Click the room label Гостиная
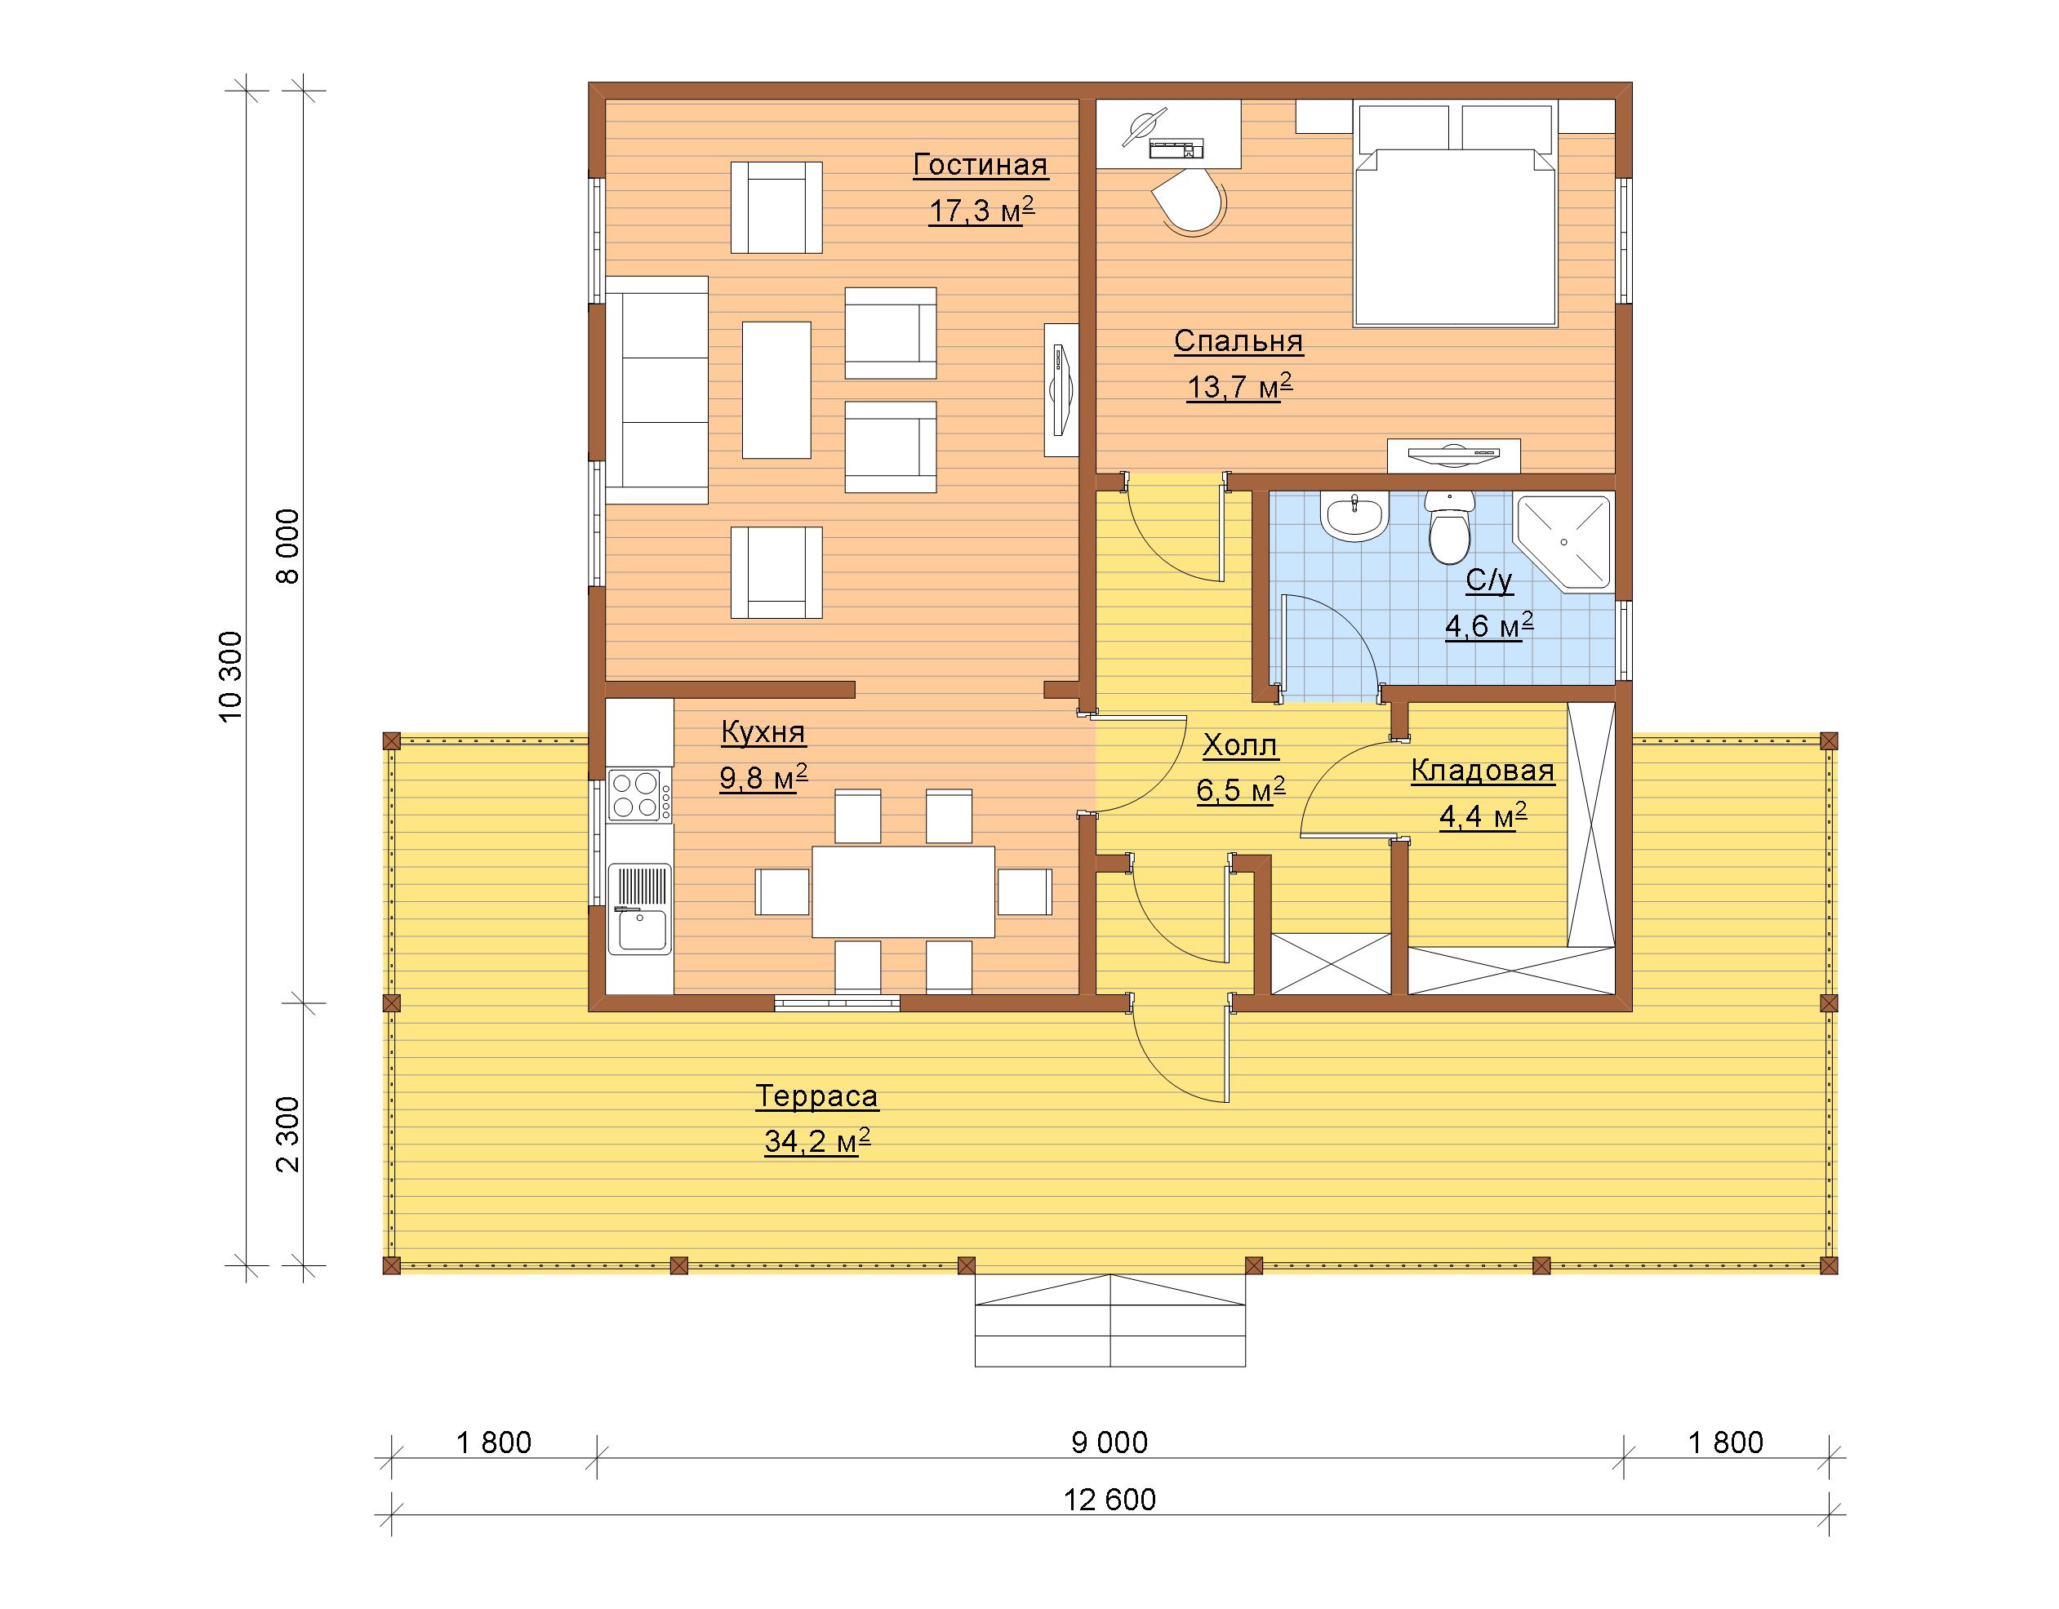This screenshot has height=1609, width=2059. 981,165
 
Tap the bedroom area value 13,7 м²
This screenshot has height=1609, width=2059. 1239,386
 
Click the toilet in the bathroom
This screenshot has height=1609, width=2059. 1449,528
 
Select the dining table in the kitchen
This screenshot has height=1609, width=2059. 903,891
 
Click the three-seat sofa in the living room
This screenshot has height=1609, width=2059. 657,389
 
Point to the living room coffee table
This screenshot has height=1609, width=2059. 777,389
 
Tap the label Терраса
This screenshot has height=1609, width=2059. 816,1096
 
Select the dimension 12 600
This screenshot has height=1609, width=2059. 1110,1499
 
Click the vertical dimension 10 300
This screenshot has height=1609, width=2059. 231,677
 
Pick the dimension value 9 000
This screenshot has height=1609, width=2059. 1110,1442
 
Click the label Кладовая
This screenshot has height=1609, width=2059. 1483,771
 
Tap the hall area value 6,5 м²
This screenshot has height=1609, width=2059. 1241,790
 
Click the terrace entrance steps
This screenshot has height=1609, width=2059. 1110,1321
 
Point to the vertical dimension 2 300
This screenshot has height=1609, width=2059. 287,1134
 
